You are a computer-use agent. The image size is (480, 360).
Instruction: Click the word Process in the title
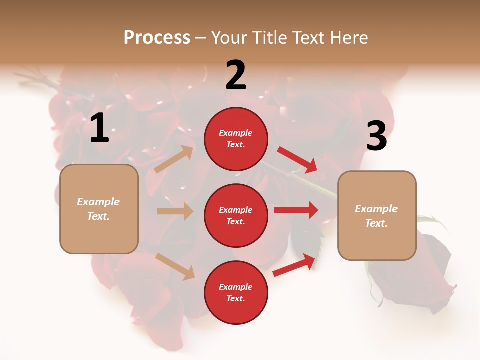click(157, 38)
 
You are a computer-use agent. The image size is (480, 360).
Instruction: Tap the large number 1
click(99, 128)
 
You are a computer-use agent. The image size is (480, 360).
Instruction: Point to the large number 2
click(236, 75)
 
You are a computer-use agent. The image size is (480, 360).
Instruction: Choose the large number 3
click(376, 136)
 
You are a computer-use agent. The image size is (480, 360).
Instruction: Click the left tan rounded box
click(99, 209)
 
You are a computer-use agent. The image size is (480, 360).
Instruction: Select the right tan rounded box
click(377, 215)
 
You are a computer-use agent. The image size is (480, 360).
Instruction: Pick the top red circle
click(236, 139)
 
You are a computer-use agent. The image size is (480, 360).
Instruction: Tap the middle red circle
click(236, 215)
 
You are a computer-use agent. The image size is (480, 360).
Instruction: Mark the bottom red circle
click(236, 292)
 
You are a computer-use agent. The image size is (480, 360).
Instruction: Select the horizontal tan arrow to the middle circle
click(175, 211)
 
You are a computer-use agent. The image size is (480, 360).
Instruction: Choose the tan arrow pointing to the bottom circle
click(175, 266)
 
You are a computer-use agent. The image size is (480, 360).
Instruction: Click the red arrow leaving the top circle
click(297, 159)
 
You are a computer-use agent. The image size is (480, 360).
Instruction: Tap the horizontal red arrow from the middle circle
click(295, 210)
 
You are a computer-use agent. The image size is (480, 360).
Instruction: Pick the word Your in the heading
click(229, 38)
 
